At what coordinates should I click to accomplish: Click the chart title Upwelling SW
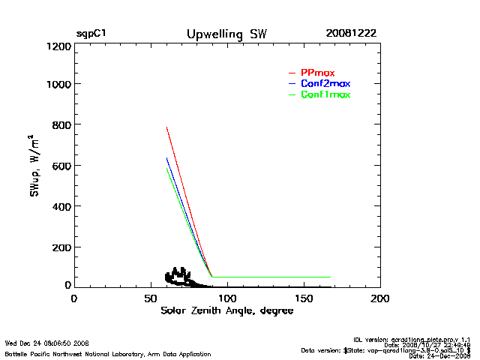point(226,34)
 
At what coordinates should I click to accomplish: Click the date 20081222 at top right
point(351,34)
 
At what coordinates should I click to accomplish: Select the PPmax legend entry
point(317,72)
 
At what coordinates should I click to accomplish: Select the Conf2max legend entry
point(325,83)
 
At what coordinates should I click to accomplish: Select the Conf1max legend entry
point(325,94)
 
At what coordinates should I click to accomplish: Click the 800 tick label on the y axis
point(61,124)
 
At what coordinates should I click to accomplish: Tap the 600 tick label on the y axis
point(61,165)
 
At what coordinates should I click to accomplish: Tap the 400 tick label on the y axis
point(61,205)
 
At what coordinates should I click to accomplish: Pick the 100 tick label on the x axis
point(227,298)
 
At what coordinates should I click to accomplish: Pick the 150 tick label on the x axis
point(304,298)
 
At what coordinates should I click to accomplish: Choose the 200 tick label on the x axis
point(380,298)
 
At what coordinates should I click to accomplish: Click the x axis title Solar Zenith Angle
point(226,311)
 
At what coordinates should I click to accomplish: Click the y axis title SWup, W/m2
point(35,166)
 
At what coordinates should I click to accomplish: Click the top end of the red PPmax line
point(166,127)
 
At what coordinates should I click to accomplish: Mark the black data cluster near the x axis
point(180,277)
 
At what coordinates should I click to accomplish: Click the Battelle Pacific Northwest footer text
point(108,353)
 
